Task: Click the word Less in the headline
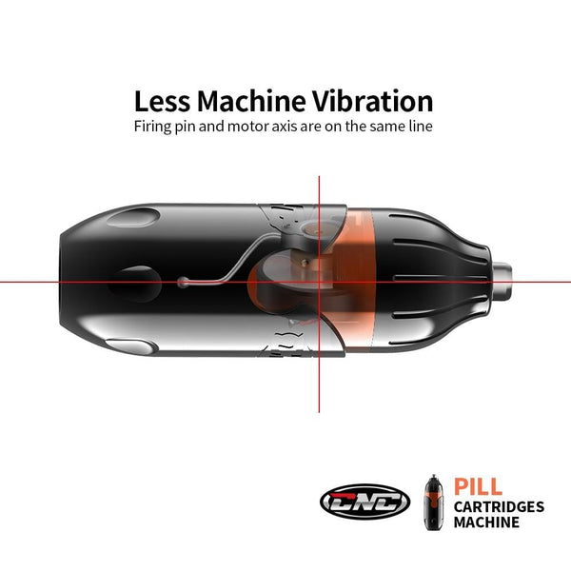point(162,101)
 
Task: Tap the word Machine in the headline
point(251,101)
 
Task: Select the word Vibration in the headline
point(373,101)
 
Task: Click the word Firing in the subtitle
point(152,127)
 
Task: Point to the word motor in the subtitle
point(244,127)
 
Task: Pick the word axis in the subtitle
point(274,127)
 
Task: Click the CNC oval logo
point(365,502)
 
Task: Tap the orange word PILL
point(478,486)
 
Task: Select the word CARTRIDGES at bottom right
point(499,506)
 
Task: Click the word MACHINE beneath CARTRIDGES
point(486,522)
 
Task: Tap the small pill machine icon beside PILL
point(434,502)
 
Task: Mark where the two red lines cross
point(319,282)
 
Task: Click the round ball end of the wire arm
point(183,283)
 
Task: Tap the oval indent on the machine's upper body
point(133,218)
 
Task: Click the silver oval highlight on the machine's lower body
point(129,346)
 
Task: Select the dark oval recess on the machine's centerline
point(135,285)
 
